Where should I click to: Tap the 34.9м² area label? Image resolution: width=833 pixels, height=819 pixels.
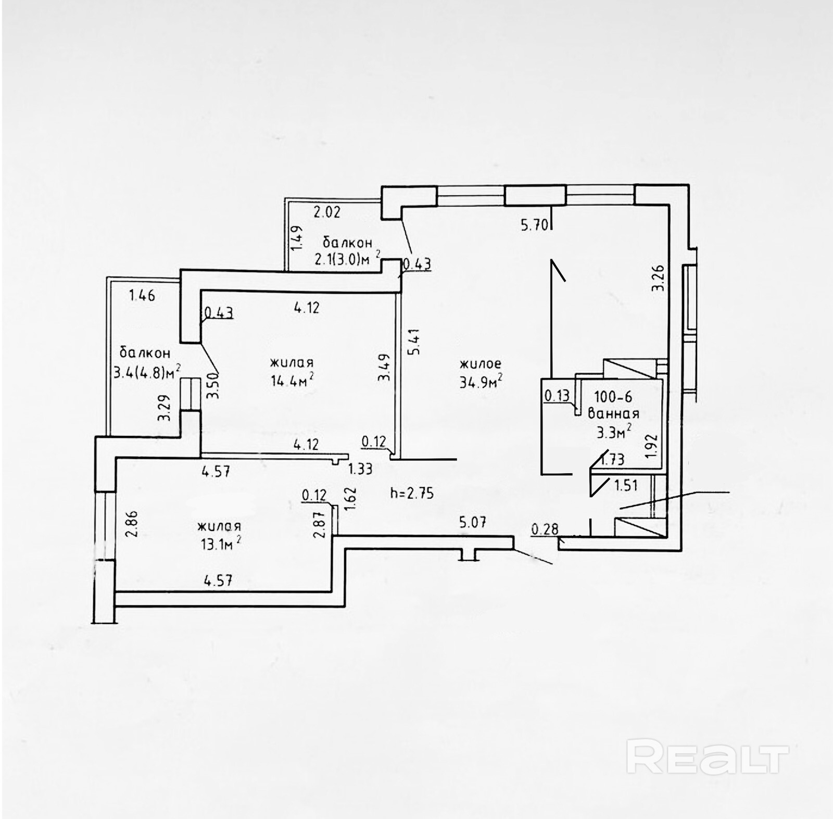480,382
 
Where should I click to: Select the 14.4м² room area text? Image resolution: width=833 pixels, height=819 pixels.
292,381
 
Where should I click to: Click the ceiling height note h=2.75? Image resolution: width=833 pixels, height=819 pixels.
412,493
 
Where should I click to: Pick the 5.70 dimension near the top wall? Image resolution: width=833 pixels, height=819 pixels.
535,225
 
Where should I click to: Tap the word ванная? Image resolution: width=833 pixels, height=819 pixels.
613,414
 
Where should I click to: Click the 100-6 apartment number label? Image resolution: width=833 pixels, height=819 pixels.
613,397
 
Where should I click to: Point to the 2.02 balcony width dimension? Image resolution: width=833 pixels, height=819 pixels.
326,212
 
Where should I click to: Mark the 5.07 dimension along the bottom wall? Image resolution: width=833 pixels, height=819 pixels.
472,522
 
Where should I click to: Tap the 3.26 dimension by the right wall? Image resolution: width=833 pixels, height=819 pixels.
659,278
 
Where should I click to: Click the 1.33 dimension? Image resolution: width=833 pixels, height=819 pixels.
360,469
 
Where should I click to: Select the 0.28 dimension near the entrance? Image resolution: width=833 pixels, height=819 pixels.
545,529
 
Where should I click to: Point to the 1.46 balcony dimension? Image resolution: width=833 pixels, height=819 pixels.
142,295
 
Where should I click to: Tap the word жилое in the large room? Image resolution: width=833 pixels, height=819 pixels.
480,363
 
